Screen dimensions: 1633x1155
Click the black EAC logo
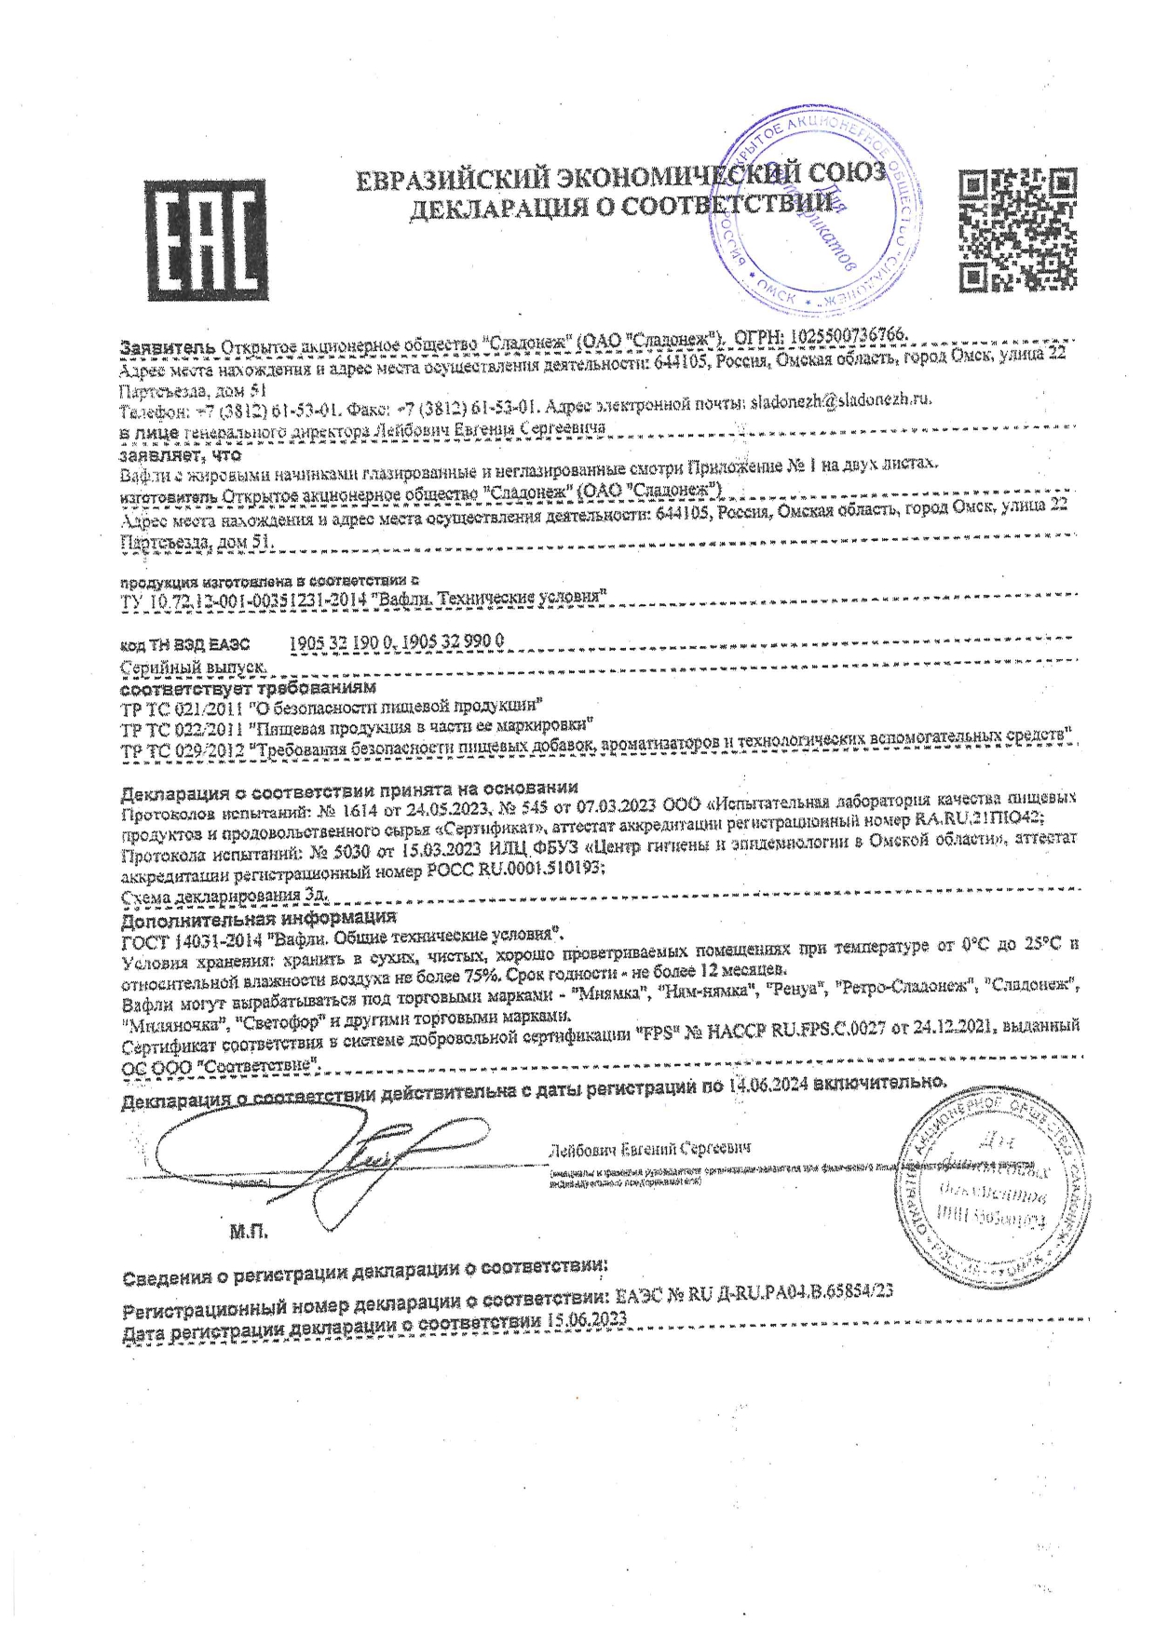pos(206,240)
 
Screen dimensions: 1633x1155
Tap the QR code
pos(1018,229)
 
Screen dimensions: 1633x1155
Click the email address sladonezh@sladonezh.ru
pos(840,401)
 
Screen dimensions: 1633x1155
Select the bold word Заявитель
pos(168,346)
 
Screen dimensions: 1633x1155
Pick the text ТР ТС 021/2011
pos(179,709)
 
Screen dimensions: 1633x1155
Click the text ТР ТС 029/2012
pos(182,750)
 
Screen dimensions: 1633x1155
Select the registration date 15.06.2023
pos(587,1321)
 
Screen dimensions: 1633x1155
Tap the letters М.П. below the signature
pos(248,1233)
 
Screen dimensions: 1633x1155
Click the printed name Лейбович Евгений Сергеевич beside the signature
pos(650,1148)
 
